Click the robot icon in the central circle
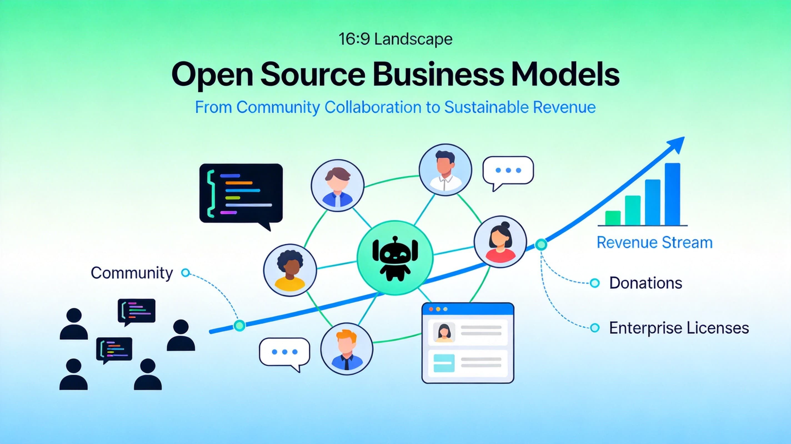395,258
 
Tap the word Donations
645,283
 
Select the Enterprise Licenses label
679,328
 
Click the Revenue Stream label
654,243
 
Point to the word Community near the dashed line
132,273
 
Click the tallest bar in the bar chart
672,194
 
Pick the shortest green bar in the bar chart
613,218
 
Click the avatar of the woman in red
500,242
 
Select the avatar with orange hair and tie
347,349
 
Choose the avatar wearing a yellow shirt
290,270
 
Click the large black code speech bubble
241,193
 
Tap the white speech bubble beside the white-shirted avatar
508,171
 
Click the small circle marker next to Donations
595,283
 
